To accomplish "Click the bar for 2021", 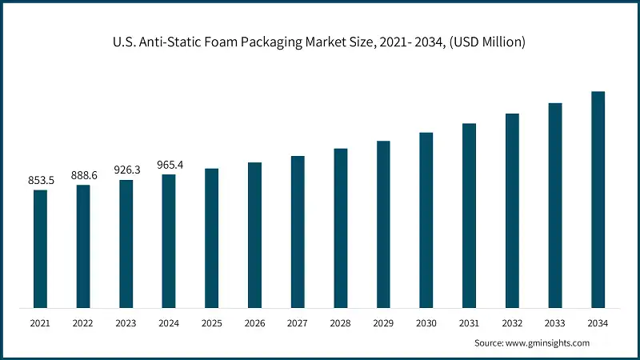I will coord(40,248).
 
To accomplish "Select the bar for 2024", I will coord(169,240).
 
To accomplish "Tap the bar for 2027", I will coord(298,231).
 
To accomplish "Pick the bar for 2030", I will coord(426,219).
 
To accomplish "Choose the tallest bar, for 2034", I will coord(598,199).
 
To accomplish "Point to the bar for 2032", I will coord(512,210).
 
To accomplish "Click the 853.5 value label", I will coord(40,182).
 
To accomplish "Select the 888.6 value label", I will coord(83,176).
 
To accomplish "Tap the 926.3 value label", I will coord(126,170).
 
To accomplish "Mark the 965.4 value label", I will coord(169,165).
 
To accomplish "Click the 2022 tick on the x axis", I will coord(83,323).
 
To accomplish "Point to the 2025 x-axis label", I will coord(212,323).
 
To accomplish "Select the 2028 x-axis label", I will coord(341,323).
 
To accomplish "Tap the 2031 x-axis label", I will coord(469,323).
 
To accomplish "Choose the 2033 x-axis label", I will coord(554,323).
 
